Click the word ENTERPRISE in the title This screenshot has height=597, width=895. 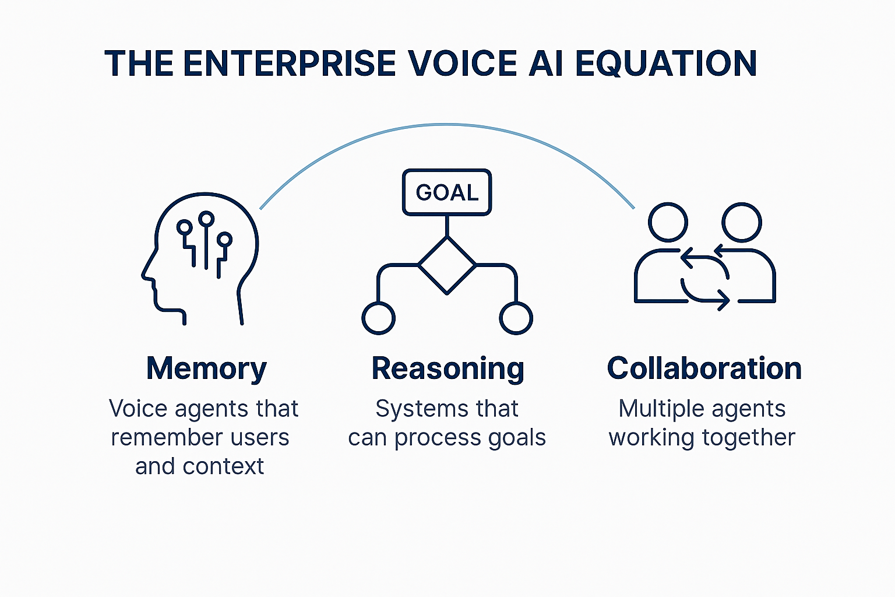pos(289,64)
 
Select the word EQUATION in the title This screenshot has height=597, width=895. pos(666,64)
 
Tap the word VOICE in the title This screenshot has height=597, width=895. pos(463,64)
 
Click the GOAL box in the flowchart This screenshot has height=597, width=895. pos(447,192)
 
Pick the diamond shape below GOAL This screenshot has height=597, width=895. pos(447,265)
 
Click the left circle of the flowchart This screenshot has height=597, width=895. pos(378,318)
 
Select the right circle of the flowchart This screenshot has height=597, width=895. pos(516,318)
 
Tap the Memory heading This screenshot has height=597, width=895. pos(206,368)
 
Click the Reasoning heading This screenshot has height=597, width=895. pos(447,370)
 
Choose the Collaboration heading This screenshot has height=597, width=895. pos(704,368)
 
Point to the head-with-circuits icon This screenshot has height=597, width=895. pos(201,257)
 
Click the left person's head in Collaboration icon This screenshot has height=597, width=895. pos(668,222)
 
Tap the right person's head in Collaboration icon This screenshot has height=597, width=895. pos(741,222)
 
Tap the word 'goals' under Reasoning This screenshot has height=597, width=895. pos(517,438)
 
